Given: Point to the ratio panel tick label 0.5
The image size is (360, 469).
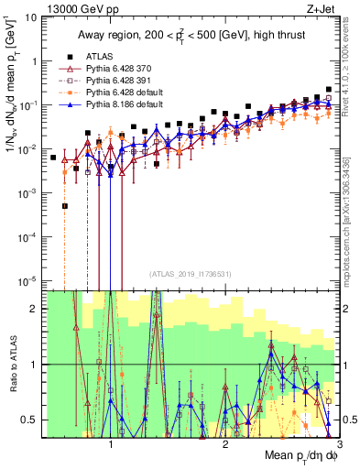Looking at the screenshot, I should click(x=31, y=420).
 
